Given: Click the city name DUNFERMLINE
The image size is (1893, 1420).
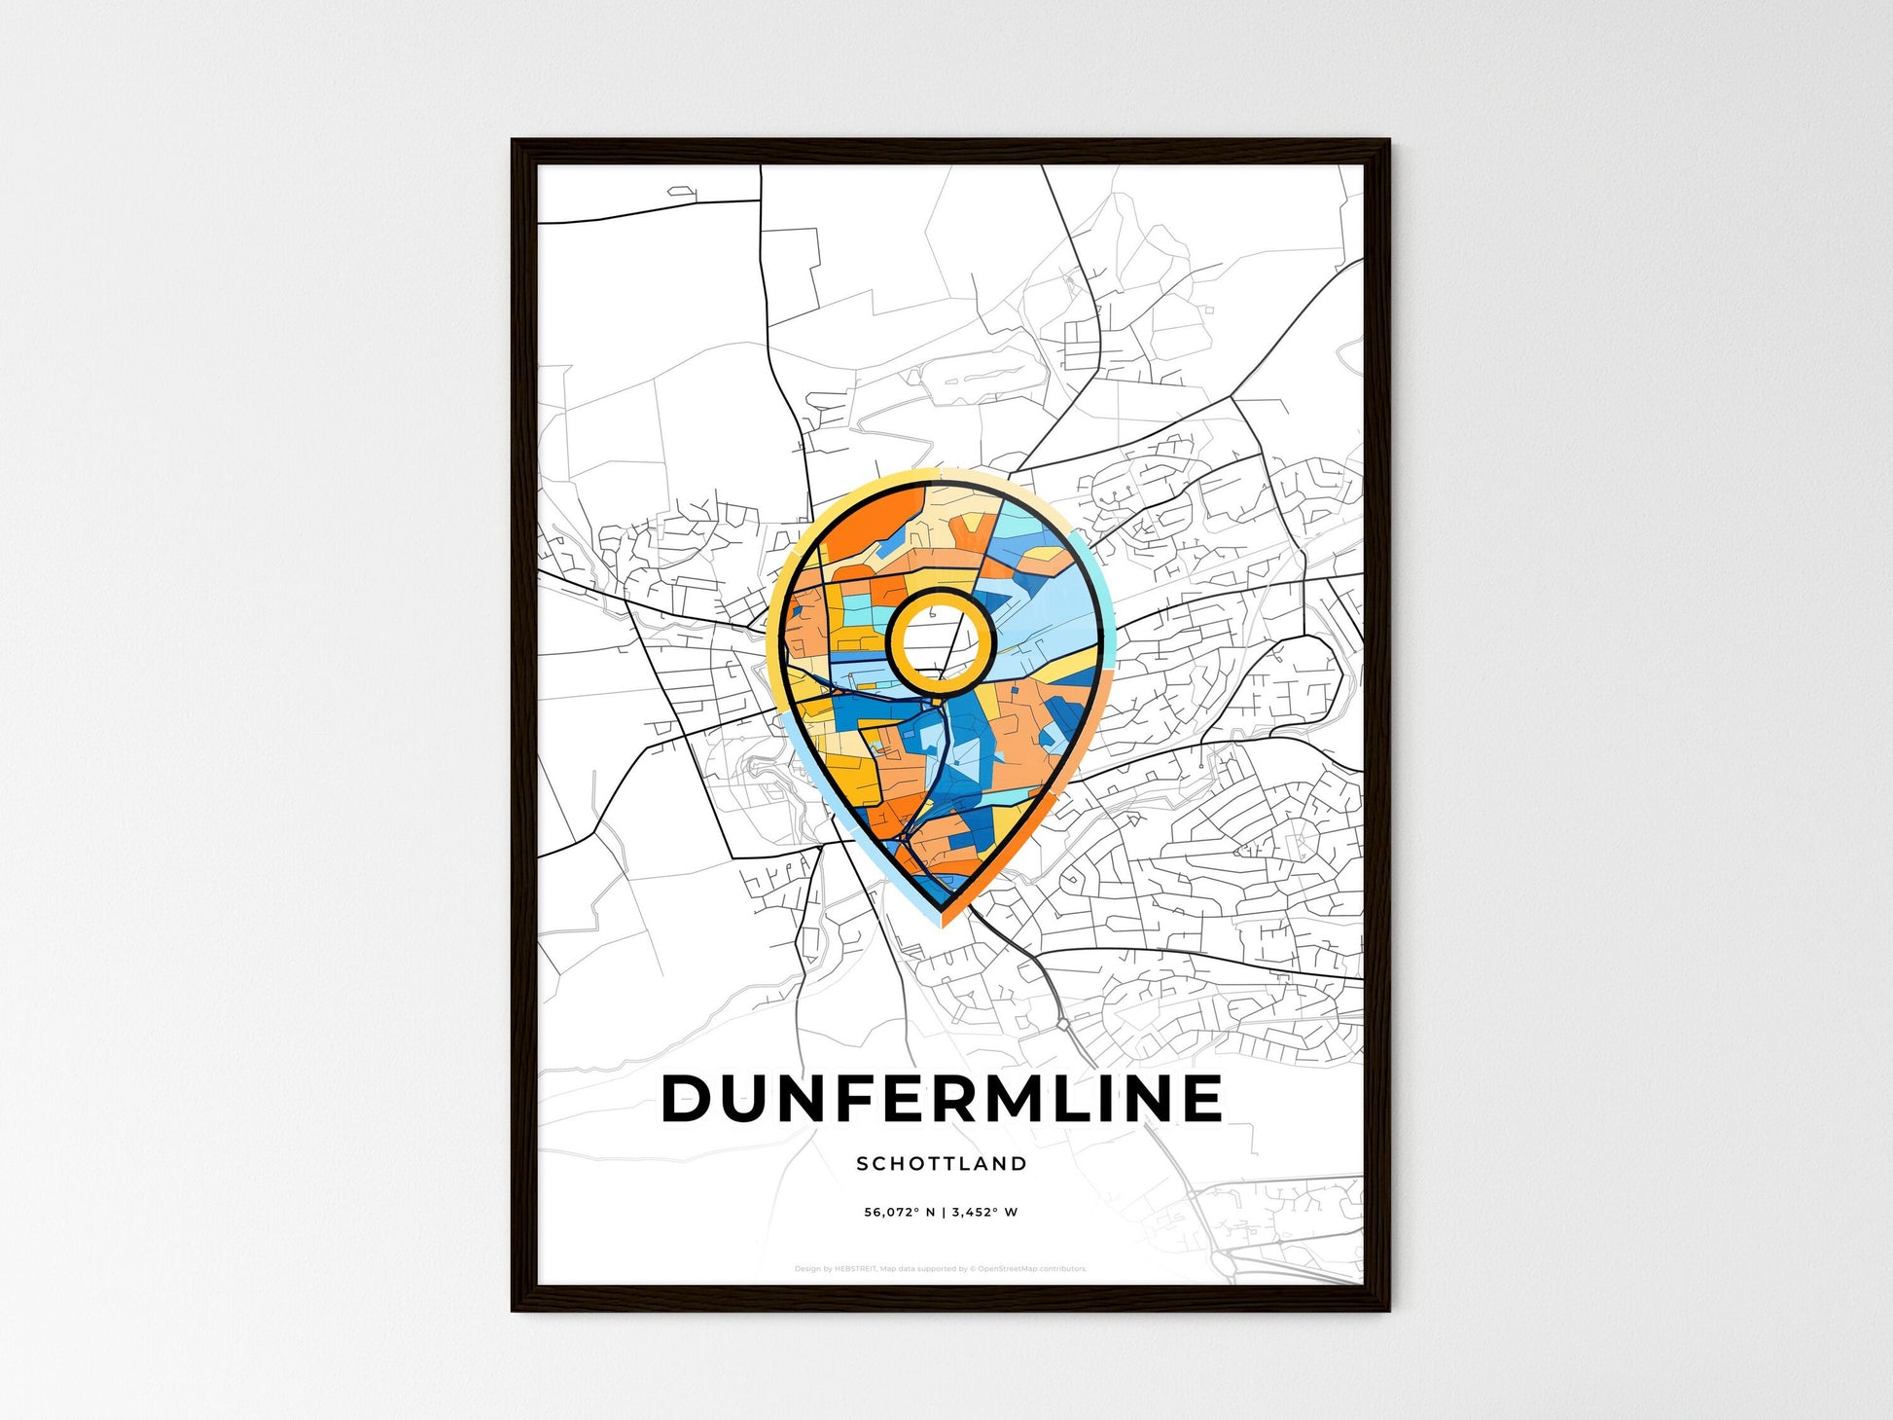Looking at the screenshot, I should tap(942, 1099).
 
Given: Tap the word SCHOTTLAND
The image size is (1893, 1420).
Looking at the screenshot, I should tap(942, 1163).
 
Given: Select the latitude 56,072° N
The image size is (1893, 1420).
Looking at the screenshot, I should tap(899, 1213).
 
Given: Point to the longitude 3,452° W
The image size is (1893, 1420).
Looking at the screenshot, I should tap(984, 1213).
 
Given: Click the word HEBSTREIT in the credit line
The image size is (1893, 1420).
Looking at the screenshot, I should tap(855, 1269).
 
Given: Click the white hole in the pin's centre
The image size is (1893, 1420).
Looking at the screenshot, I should tap(940, 639).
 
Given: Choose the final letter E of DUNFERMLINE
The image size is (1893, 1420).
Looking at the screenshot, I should tap(1202, 1099).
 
